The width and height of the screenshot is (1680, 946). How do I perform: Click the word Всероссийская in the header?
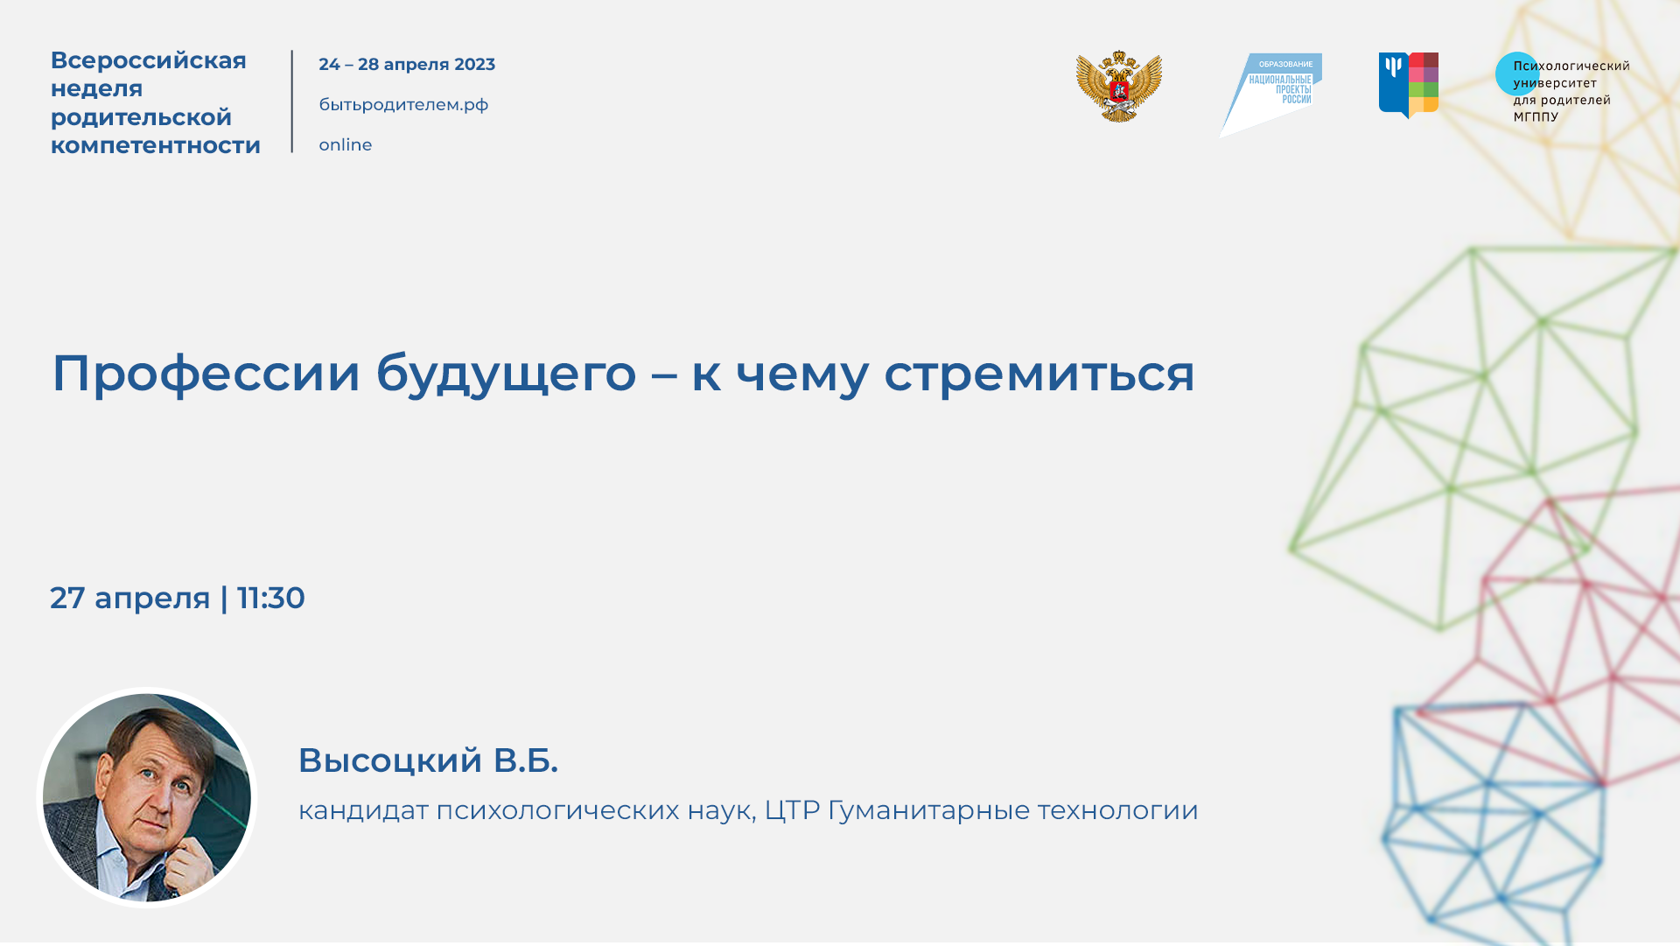(x=148, y=60)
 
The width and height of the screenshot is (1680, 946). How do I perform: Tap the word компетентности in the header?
(x=155, y=145)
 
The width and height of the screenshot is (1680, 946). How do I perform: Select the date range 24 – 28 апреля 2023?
(x=406, y=65)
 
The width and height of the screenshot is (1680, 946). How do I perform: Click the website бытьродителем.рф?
(x=403, y=105)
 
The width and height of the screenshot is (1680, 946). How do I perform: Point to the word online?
(x=345, y=145)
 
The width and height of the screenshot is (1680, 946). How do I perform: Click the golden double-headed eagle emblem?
(x=1118, y=87)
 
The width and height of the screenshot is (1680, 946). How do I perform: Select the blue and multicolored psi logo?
(x=1408, y=85)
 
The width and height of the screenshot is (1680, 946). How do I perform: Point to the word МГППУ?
(x=1536, y=116)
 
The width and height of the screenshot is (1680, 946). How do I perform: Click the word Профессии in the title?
(x=206, y=374)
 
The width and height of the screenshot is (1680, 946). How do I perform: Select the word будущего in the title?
(x=506, y=374)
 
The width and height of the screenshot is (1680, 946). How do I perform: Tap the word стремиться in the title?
(x=1039, y=374)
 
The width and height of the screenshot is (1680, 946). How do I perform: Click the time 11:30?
(x=270, y=599)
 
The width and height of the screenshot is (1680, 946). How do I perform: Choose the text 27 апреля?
(x=129, y=599)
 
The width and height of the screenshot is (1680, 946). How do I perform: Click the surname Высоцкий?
(x=390, y=760)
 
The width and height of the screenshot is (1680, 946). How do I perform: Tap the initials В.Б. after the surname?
(x=525, y=760)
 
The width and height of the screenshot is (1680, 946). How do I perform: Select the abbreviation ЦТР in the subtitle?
(x=792, y=810)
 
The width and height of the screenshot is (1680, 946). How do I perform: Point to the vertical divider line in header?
(x=292, y=102)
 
